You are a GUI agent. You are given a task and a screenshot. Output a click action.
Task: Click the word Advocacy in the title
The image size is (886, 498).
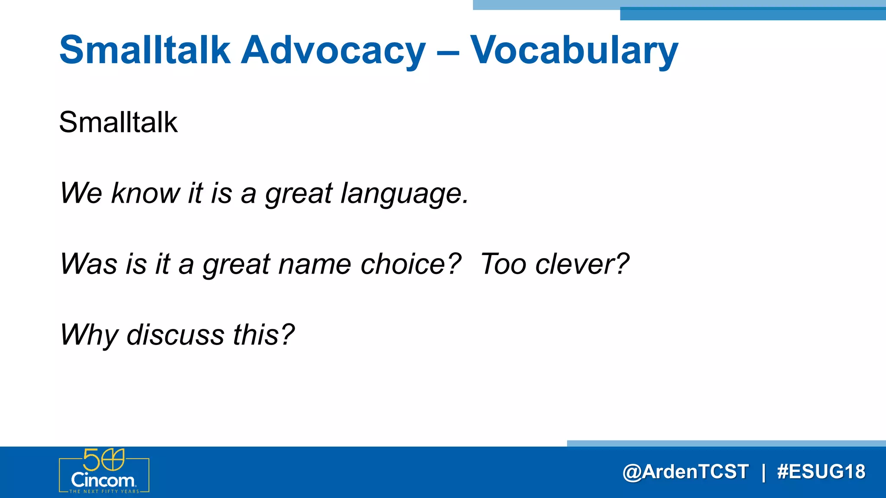[x=333, y=50]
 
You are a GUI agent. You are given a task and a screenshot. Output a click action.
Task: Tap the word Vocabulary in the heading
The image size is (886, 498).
[x=574, y=50]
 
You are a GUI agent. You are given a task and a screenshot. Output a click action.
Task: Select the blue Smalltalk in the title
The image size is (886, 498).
[x=144, y=50]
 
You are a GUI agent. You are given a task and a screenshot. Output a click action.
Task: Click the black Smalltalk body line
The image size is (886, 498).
[x=118, y=122]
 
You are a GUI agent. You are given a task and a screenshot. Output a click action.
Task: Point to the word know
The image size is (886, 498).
[x=145, y=193]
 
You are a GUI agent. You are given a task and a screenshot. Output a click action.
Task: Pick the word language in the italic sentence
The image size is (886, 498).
[x=404, y=194]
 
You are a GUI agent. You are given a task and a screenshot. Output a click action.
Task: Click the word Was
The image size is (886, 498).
[x=89, y=264]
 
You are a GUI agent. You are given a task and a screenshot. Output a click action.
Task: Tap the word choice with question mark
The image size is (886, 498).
[x=411, y=264]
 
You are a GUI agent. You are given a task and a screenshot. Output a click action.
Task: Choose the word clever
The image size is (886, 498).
[x=581, y=264]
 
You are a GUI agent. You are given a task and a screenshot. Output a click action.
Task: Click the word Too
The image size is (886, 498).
[x=503, y=264]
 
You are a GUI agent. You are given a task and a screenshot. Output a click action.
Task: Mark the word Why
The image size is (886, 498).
[x=89, y=335]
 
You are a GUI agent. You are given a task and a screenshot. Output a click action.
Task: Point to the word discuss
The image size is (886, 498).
[x=175, y=335]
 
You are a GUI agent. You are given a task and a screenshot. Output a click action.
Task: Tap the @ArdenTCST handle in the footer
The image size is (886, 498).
[x=686, y=472]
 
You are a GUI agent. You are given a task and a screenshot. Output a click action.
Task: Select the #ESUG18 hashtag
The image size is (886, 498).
[x=821, y=472]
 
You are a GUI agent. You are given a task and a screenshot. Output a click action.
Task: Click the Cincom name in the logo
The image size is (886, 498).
[x=103, y=480]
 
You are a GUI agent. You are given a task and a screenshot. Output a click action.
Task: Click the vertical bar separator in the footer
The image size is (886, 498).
[x=764, y=472]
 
